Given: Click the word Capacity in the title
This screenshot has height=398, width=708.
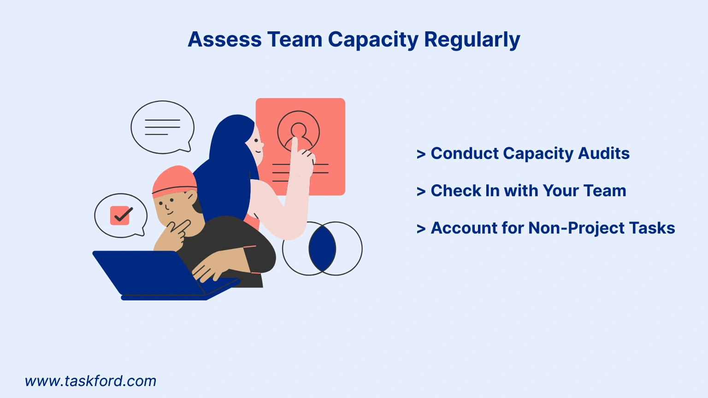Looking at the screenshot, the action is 373,40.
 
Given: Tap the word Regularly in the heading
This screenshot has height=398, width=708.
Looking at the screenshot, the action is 472,40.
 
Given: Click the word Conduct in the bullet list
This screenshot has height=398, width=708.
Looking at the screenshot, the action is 464,153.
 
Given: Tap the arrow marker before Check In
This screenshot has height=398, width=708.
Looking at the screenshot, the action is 421,191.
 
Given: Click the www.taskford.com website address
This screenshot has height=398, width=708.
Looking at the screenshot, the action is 90,381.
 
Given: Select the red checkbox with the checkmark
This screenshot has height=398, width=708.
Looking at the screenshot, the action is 120,216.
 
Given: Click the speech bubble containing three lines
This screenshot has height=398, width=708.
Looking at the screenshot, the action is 162,127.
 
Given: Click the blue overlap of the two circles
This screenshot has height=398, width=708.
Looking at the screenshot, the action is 322,249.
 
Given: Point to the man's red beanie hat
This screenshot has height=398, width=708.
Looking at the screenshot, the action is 175,181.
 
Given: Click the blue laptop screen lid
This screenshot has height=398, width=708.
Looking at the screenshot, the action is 148,273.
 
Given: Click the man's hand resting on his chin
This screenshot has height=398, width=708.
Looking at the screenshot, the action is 173,235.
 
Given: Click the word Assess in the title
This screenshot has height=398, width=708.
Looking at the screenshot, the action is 225,40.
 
